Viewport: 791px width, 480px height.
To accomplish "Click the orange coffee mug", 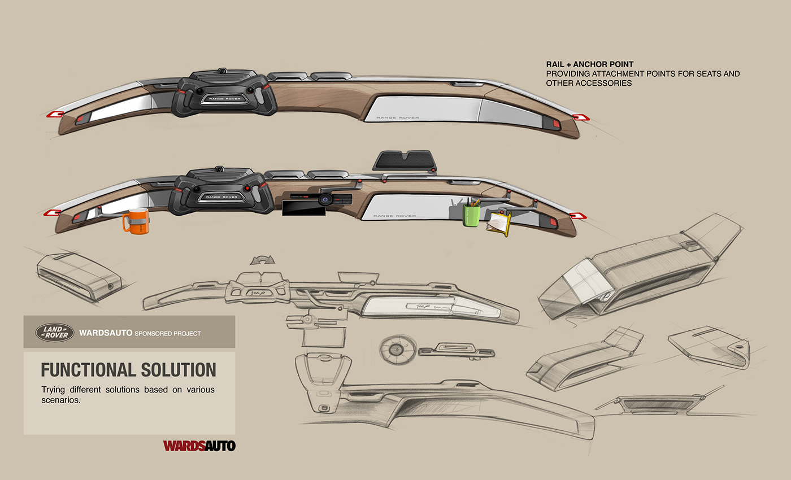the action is (136, 220).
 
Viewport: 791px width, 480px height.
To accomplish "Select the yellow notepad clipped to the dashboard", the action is (498, 222).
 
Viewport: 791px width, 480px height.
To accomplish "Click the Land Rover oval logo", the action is (55, 332).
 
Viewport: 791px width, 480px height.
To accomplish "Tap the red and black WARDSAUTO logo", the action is (199, 446).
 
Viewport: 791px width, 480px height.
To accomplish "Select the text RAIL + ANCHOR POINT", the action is (589, 64).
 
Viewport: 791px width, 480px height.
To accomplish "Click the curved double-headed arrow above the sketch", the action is (262, 260).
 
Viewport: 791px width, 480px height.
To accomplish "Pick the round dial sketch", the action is (395, 349).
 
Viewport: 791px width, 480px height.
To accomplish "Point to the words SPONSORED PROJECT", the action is (167, 333).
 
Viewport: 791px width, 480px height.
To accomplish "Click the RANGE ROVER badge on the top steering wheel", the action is (225, 99).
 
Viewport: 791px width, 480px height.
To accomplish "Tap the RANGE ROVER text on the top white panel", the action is (392, 117).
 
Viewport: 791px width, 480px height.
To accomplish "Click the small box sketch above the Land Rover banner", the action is (79, 275).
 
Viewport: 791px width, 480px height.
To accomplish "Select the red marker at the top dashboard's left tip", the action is (54, 115).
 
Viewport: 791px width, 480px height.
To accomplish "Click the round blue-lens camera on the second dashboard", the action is (324, 199).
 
